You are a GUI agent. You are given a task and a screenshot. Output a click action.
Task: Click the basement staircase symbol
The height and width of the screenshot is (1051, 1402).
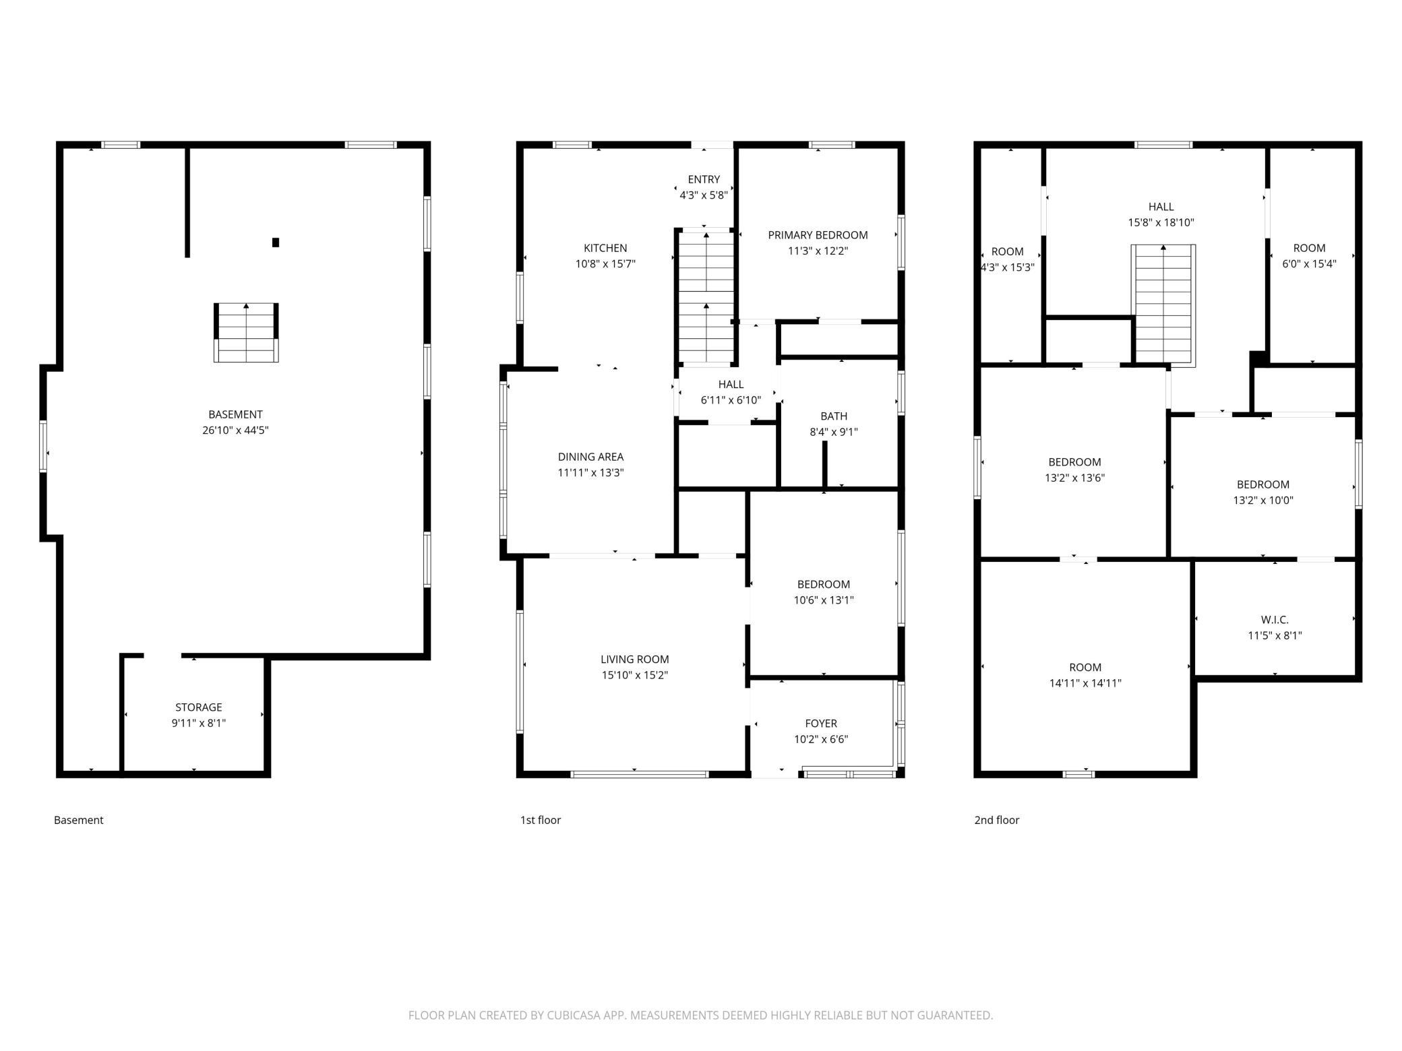click(x=246, y=333)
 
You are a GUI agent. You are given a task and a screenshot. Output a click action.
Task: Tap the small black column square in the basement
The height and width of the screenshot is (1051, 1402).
click(x=276, y=243)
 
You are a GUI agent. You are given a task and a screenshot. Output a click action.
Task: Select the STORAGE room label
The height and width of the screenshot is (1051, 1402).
click(x=199, y=707)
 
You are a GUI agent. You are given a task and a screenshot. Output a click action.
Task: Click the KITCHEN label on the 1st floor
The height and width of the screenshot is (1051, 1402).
click(x=605, y=248)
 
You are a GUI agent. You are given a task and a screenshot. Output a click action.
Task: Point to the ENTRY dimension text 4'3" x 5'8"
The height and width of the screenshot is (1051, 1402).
click(x=704, y=195)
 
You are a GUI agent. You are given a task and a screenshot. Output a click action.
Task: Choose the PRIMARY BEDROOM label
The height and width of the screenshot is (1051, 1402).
click(x=818, y=235)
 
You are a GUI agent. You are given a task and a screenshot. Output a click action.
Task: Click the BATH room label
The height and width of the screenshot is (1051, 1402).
click(x=834, y=416)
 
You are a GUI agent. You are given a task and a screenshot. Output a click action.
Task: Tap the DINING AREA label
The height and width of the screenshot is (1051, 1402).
click(x=590, y=457)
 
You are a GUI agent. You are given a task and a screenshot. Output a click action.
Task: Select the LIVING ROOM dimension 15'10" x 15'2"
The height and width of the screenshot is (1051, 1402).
click(x=635, y=675)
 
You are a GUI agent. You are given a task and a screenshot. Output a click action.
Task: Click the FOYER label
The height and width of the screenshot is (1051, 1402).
click(x=821, y=724)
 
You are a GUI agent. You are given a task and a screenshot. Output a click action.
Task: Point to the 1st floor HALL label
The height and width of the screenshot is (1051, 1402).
click(x=731, y=384)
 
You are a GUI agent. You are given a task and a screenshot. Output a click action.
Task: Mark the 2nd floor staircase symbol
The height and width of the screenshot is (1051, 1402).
click(x=1163, y=306)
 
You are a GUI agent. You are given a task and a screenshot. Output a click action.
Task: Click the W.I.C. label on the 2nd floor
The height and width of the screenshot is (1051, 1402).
click(x=1275, y=620)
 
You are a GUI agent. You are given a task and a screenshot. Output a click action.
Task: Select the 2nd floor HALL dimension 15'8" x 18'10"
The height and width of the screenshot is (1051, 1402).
click(x=1161, y=222)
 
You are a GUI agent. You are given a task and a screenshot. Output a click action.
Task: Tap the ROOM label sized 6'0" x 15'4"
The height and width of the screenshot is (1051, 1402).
click(x=1309, y=248)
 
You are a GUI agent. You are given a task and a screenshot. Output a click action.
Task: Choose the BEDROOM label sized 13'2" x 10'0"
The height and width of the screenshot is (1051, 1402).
click(x=1263, y=484)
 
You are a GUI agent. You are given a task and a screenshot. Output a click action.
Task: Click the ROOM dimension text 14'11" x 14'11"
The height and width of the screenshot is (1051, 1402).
click(x=1085, y=683)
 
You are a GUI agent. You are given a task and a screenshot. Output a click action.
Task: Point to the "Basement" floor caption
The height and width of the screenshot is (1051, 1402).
click(x=79, y=820)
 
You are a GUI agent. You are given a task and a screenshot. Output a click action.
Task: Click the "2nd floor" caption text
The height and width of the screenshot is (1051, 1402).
click(x=997, y=820)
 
